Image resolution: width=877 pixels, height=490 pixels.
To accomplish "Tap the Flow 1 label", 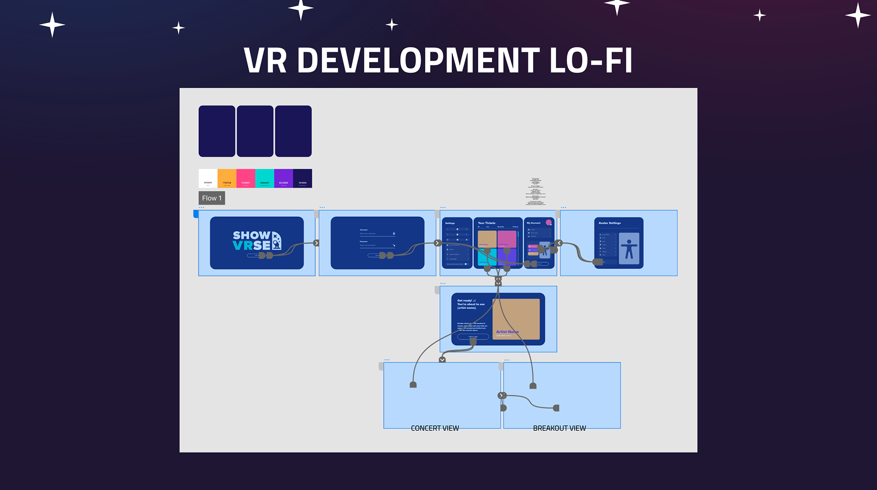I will coord(211,198).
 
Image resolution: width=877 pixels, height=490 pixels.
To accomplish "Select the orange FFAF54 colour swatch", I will coord(227,178).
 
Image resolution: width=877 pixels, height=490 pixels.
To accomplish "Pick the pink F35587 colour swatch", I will coord(246,178).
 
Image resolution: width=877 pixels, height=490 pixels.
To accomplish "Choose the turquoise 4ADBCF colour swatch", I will coord(264,178).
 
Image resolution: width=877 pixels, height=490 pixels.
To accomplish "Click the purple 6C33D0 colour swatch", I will coord(284,178).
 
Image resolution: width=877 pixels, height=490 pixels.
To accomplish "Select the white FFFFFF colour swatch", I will coord(208,178).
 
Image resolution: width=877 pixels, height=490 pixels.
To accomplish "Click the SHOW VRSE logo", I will coord(257,241).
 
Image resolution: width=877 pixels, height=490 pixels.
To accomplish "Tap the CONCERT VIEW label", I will coord(435,428).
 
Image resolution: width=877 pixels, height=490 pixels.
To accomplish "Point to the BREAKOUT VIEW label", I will coord(559,428).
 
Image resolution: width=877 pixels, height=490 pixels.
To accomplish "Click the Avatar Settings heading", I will coord(609,223).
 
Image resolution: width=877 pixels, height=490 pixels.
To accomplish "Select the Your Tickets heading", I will coord(486,223).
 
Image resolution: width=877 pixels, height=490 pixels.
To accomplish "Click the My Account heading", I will coord(534,223).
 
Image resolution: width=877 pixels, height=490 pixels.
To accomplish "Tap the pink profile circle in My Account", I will coord(549,223).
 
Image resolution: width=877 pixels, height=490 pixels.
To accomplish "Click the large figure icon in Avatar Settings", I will coord(629,249).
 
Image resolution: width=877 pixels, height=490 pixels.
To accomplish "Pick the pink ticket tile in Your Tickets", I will coord(507,239).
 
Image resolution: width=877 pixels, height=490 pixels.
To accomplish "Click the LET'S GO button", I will coord(473,337).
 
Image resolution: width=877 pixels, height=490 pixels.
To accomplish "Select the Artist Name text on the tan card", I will coord(507,332).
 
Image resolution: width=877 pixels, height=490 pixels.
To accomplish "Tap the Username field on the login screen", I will coord(377,233).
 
